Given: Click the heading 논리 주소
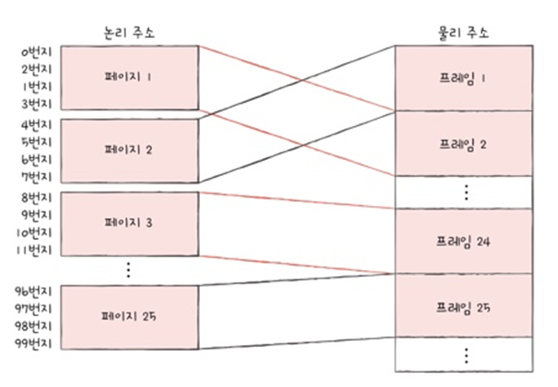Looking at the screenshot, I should (x=128, y=33).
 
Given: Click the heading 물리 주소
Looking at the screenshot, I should (x=463, y=33).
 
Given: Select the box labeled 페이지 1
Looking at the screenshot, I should (x=128, y=77).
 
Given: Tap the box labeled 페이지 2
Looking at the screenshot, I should (x=128, y=149).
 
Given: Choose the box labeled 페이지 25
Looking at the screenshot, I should (x=128, y=315).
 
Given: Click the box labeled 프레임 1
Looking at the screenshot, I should (x=463, y=78).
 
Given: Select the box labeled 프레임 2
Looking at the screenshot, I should (x=463, y=143).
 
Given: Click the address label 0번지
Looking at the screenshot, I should (x=37, y=53).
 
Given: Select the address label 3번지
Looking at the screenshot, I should (x=37, y=103).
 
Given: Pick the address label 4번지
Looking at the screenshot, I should (x=37, y=124).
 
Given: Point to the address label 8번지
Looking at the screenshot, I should (x=37, y=196).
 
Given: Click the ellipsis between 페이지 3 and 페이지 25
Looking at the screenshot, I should (x=128, y=270).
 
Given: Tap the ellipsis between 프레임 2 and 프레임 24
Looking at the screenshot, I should (x=465, y=191).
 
